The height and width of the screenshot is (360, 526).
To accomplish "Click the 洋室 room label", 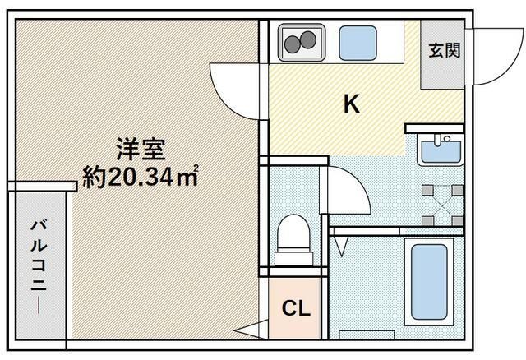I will pos(141,150).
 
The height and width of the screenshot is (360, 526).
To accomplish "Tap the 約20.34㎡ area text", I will pos(141,177).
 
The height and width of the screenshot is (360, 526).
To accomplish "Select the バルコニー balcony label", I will pos(38,262).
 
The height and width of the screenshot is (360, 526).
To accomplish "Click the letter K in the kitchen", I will pos(351,104).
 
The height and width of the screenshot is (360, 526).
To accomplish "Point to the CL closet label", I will pos(295,309).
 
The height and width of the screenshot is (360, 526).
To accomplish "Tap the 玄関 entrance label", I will pos(444,49).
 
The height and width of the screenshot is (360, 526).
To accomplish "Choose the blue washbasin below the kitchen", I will pos(440,151).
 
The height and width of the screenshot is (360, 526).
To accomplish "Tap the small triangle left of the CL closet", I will pos(247,331).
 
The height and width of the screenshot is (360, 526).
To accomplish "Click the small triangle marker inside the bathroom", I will pos(343,243).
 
